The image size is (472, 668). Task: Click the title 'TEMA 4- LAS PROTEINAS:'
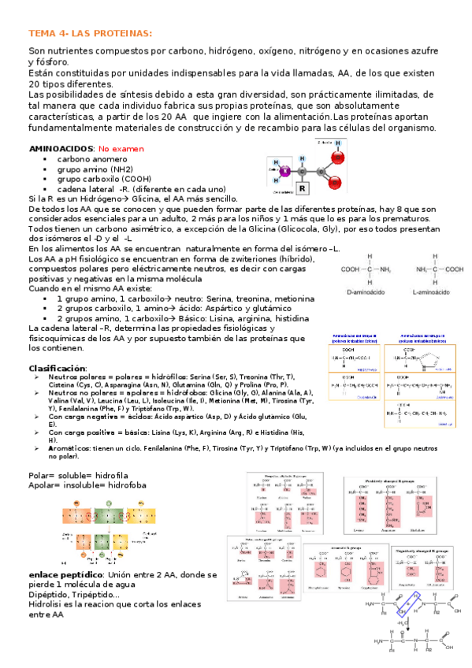pyautogui.click(x=90, y=33)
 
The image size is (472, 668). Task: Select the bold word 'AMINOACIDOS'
pyautogui.click(x=59, y=148)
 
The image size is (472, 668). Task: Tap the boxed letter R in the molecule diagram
pyautogui.click(x=302, y=189)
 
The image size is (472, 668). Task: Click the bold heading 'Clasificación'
pyautogui.click(x=57, y=368)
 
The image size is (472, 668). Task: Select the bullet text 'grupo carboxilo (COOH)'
pyautogui.click(x=105, y=179)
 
